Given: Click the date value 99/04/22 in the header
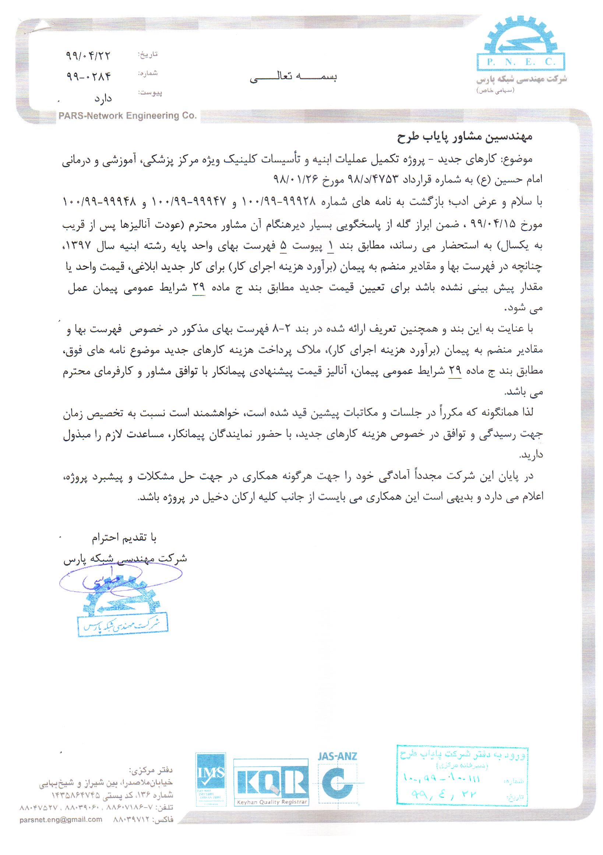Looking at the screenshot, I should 89,56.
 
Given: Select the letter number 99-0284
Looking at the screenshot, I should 89,77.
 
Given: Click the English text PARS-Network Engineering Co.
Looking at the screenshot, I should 127,116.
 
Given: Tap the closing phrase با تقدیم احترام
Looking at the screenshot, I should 124,538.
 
